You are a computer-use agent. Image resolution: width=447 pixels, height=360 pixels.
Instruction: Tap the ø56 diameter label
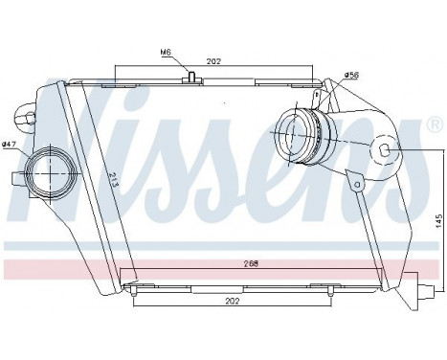[324, 74]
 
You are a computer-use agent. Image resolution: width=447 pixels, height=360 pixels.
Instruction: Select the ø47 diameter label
[11, 145]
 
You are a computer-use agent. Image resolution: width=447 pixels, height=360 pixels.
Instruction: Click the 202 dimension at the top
[213, 60]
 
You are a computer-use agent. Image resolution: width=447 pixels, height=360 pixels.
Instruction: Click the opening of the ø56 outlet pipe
[290, 137]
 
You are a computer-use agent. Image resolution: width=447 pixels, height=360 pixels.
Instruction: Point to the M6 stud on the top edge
[192, 77]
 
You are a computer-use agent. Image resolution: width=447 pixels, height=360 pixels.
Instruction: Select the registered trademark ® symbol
[434, 125]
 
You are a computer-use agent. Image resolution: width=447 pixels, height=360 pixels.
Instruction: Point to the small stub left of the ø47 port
[17, 177]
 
